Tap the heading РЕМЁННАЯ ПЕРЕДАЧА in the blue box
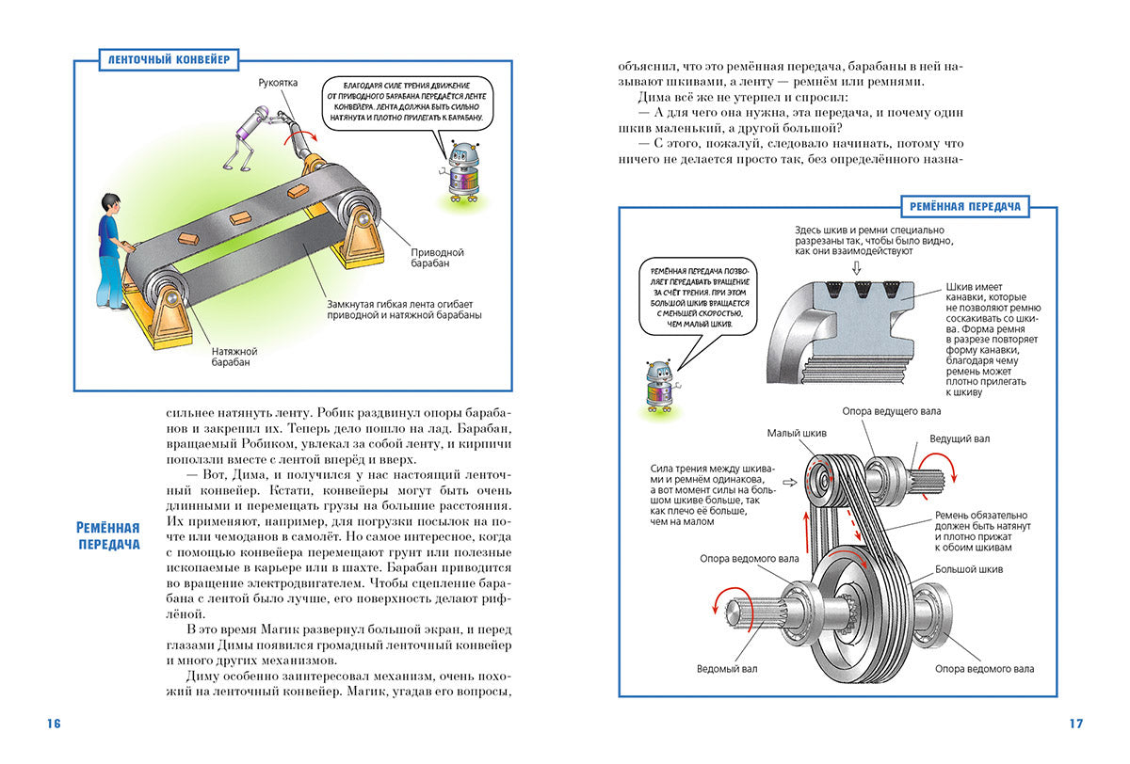(x=965, y=205)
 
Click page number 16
(x=53, y=724)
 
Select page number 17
(x=1076, y=724)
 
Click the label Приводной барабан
(x=437, y=258)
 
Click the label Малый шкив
(x=797, y=433)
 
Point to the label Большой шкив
(x=968, y=569)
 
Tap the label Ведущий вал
(x=960, y=438)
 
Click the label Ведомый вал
(x=727, y=669)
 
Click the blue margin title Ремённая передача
(x=108, y=535)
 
